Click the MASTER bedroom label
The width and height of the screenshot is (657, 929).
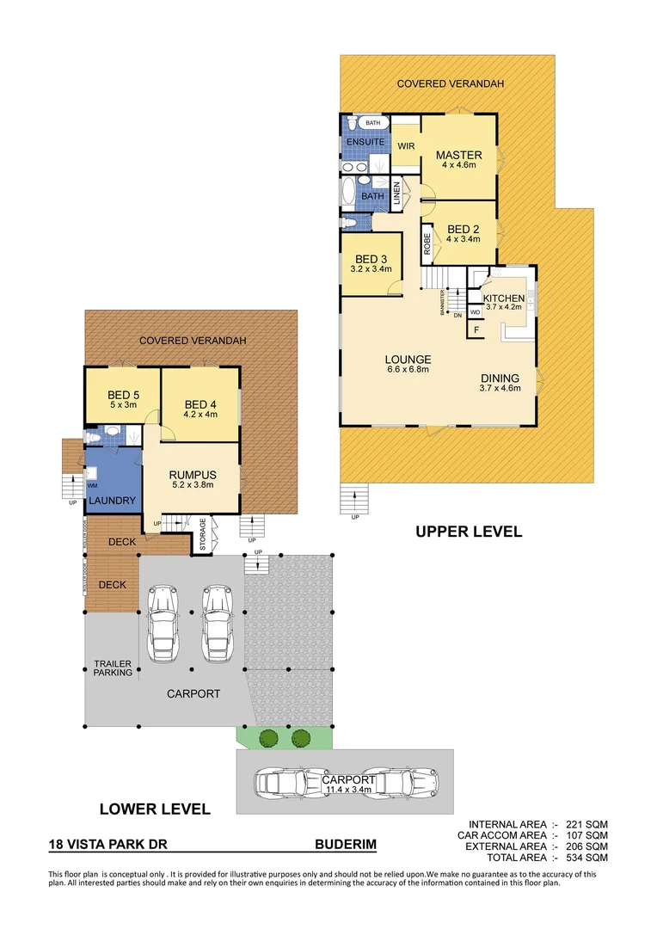[458, 156]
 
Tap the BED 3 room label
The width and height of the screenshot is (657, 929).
[371, 259]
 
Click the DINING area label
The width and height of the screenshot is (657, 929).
[500, 378]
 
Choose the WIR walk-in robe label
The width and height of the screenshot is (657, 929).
[406, 146]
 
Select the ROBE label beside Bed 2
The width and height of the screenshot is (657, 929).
[426, 243]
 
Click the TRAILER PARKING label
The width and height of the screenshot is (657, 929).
[113, 668]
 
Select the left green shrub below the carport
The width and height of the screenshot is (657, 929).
[268, 737]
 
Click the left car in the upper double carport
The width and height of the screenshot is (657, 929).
[160, 624]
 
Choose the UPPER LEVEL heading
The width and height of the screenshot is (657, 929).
[468, 532]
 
